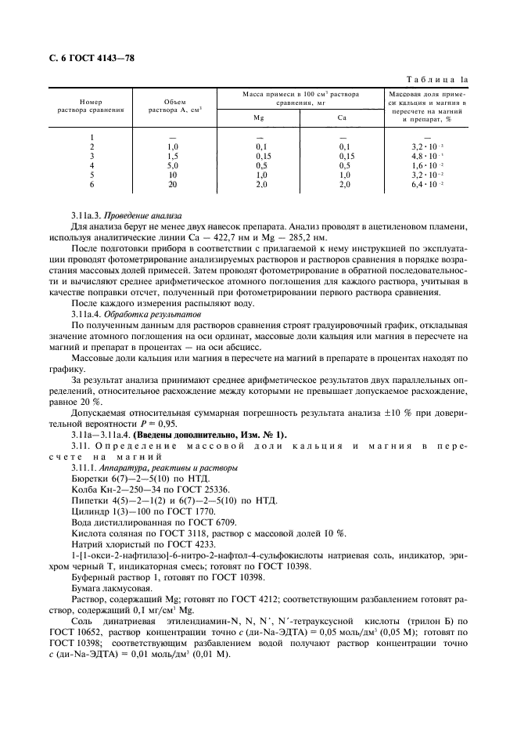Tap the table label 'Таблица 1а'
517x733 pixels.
click(442, 79)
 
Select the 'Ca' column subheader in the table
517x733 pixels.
click(342, 119)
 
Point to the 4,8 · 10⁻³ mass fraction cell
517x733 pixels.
click(427, 156)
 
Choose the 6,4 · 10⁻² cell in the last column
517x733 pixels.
click(427, 184)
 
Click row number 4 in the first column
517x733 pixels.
click(92, 165)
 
